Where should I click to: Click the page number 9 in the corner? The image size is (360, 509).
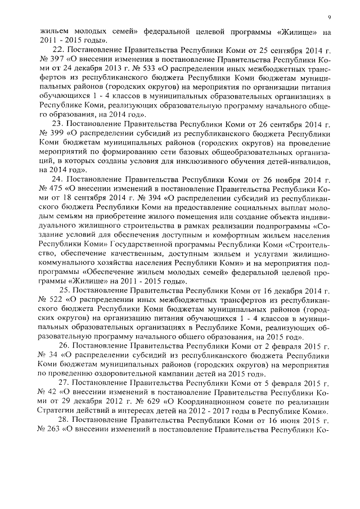click(x=329, y=17)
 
